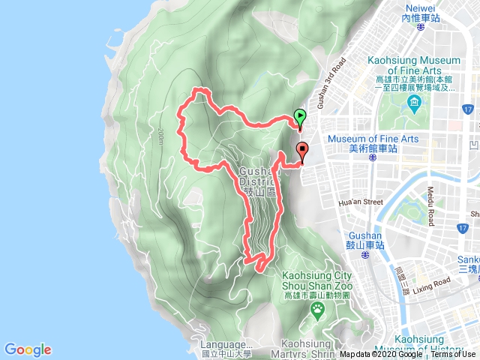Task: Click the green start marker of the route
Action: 300,117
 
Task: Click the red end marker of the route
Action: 302,150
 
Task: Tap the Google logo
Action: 28,349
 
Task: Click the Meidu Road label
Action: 430,205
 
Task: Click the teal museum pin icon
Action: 412,103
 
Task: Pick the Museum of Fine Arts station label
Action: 367,141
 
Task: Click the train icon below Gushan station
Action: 364,255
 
